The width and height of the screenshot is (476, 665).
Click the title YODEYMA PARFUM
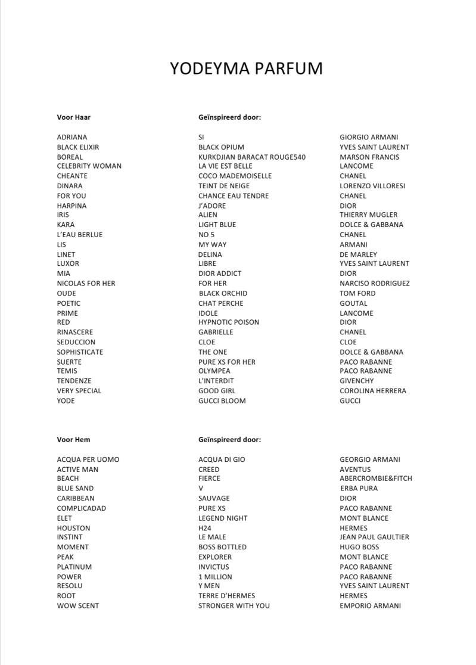coord(246,69)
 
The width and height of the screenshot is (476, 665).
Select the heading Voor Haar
coord(74,117)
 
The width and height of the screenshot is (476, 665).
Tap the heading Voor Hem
coord(74,440)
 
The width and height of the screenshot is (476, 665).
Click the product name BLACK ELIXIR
coord(78,147)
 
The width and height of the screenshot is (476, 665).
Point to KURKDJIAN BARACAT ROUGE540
coord(252,157)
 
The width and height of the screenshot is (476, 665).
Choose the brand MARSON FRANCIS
coord(369,157)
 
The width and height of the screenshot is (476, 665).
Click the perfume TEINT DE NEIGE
coord(224,186)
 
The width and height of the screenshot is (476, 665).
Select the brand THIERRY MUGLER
coord(368,215)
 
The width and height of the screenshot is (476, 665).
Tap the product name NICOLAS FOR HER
coord(86,284)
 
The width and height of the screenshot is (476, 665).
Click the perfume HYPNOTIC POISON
coord(229,322)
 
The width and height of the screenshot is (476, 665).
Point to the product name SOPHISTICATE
coord(80,352)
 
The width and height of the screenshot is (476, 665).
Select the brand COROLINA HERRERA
coord(373,391)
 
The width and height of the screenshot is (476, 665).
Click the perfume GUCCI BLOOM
coord(222,401)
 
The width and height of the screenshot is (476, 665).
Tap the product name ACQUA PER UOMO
coord(88,459)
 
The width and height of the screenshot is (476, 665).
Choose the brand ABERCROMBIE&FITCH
coord(376,478)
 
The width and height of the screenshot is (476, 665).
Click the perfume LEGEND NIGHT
coord(223,518)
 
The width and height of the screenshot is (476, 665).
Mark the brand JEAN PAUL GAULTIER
coord(374,537)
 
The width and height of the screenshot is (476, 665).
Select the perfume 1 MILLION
coord(215,577)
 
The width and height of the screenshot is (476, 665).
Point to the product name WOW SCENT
coord(78,606)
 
